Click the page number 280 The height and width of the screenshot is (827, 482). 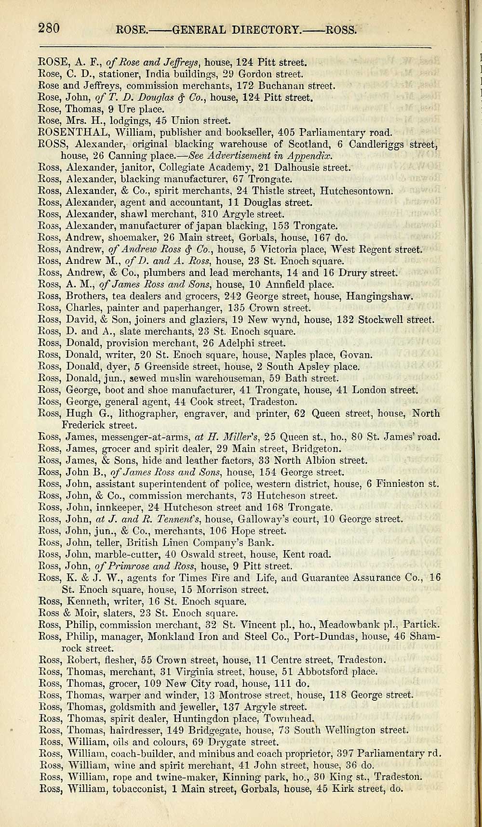[x=49, y=28]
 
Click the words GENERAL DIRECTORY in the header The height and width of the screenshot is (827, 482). [x=236, y=30]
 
